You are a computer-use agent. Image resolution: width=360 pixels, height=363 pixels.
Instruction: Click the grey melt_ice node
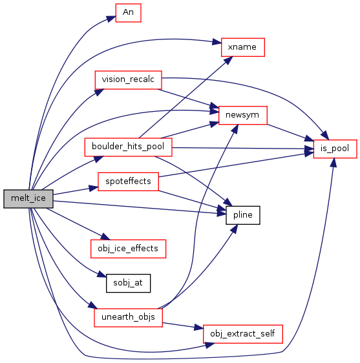pyautogui.click(x=28, y=199)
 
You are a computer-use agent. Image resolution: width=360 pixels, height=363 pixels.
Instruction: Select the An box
pyautogui.click(x=129, y=13)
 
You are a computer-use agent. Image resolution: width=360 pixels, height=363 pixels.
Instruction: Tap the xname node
pyautogui.click(x=243, y=47)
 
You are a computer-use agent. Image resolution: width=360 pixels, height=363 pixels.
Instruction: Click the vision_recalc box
pyautogui.click(x=129, y=80)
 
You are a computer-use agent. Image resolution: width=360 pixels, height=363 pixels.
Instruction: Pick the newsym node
pyautogui.click(x=243, y=115)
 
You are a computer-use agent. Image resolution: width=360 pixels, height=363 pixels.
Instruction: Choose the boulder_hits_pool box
pyautogui.click(x=129, y=147)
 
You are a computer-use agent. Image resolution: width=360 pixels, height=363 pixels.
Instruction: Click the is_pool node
pyautogui.click(x=335, y=149)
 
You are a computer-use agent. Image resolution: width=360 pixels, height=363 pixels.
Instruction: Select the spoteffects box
pyautogui.click(x=129, y=181)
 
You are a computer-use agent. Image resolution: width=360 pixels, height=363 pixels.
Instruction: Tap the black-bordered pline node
pyautogui.click(x=243, y=215)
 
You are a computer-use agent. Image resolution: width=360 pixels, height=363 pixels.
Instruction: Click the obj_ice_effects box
pyautogui.click(x=129, y=249)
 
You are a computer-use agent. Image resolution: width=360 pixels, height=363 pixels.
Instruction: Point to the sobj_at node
pyautogui.click(x=129, y=283)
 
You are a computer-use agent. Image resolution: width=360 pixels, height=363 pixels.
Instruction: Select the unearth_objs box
pyautogui.click(x=129, y=317)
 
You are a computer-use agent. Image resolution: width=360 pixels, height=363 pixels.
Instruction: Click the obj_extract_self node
pyautogui.click(x=243, y=334)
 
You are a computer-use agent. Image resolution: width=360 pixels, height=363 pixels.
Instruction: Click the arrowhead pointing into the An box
pyautogui.click(x=111, y=19)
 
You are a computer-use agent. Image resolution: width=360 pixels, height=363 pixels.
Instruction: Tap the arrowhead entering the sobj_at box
pyautogui.click(x=102, y=275)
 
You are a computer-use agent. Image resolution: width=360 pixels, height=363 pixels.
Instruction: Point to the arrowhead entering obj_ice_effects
pyautogui.click(x=105, y=236)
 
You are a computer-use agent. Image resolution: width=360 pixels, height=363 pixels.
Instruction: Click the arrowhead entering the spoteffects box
pyautogui.click(x=94, y=188)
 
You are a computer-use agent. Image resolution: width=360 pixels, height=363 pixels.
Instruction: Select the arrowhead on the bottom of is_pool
pyautogui.click(x=334, y=163)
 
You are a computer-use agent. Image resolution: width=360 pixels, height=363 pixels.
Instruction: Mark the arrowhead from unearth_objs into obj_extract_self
pyautogui.click(x=199, y=327)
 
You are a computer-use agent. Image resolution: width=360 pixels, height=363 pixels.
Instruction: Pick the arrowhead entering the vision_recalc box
pyautogui.click(x=100, y=92)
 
